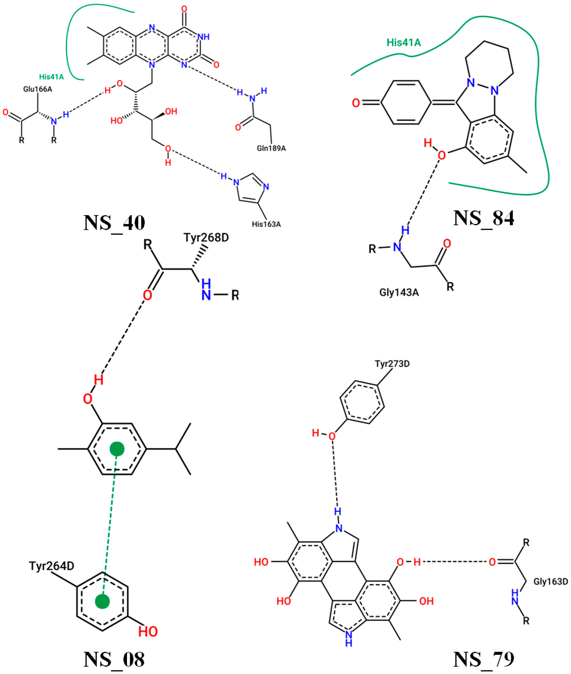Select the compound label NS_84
[x=483, y=218]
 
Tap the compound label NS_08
[x=114, y=659]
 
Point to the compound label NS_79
[x=483, y=659]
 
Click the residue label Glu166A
[x=38, y=89]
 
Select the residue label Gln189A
[x=271, y=148]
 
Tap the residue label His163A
[x=266, y=224]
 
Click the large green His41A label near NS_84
[x=404, y=42]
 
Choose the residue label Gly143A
[x=399, y=292]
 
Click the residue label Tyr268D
[x=206, y=237]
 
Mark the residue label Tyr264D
[x=52, y=566]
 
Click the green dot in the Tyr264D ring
[x=102, y=601]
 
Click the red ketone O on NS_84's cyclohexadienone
[x=356, y=103]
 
